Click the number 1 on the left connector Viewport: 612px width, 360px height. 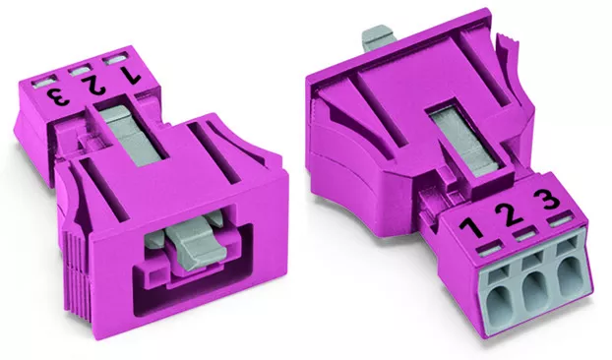coord(130,76)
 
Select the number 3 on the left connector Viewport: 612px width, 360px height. coord(59,96)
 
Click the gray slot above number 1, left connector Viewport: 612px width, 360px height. coord(114,60)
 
